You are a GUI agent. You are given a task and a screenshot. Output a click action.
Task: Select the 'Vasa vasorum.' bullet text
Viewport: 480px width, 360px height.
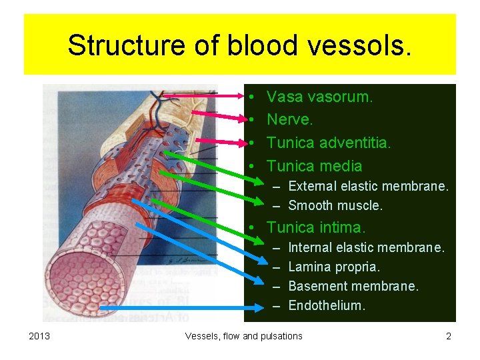(320, 97)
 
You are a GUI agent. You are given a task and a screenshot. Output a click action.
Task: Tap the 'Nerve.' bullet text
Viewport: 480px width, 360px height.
(290, 120)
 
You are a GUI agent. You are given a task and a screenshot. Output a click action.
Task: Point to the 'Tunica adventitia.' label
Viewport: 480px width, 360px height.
(329, 143)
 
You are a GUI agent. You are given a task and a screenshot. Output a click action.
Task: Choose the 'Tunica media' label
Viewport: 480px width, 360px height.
(315, 166)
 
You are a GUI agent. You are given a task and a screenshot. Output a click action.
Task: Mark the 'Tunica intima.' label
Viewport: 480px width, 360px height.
(316, 228)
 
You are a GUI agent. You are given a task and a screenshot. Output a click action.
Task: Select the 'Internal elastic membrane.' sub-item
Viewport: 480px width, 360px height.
(366, 248)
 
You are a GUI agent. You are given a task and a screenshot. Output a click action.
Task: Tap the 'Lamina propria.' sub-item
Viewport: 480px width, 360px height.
(334, 267)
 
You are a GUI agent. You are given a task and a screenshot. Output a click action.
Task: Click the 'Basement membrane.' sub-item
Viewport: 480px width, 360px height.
(353, 287)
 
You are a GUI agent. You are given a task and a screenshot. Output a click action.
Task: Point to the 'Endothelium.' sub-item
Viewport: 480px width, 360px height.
(327, 306)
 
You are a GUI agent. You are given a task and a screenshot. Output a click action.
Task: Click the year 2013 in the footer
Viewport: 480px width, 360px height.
(40, 336)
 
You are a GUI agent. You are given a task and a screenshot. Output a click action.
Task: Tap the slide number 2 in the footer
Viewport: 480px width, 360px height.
(449, 336)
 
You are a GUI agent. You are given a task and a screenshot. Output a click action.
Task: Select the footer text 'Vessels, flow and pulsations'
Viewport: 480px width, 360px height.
(243, 336)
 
